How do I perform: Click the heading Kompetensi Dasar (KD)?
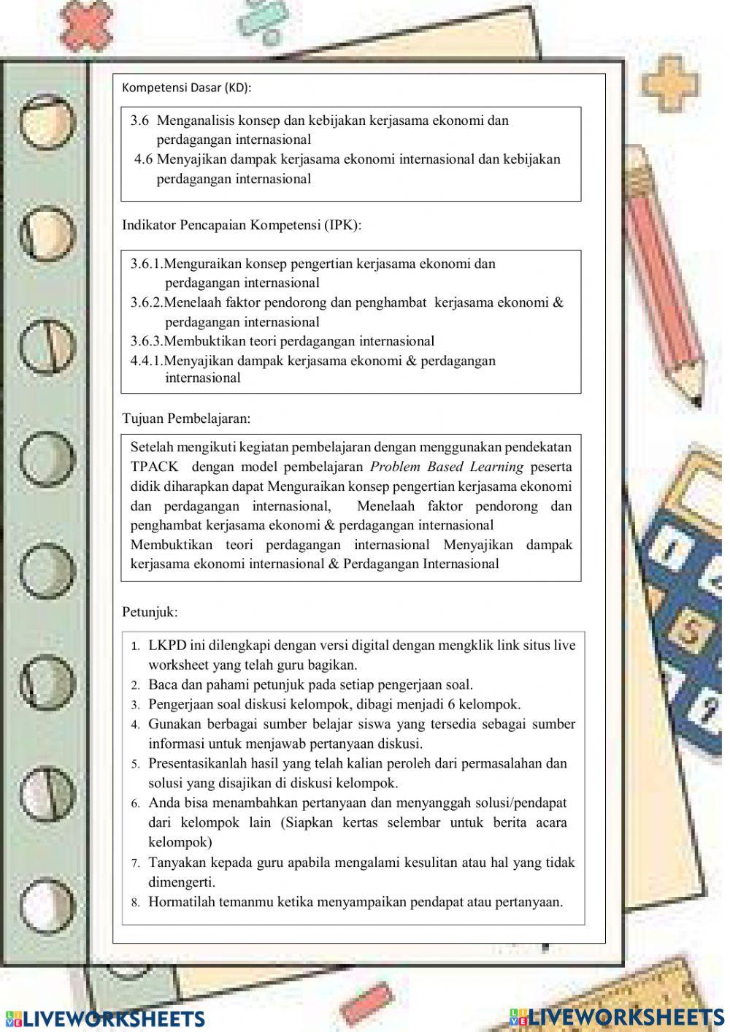(186, 88)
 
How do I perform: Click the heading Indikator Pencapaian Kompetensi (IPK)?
(242, 225)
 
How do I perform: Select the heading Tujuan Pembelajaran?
(186, 418)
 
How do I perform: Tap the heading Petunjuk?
(150, 611)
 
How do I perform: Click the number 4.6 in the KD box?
(144, 159)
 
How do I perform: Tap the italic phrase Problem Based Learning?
(447, 467)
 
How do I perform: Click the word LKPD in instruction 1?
(167, 646)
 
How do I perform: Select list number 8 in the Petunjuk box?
(136, 903)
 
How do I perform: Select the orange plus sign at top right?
(670, 83)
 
